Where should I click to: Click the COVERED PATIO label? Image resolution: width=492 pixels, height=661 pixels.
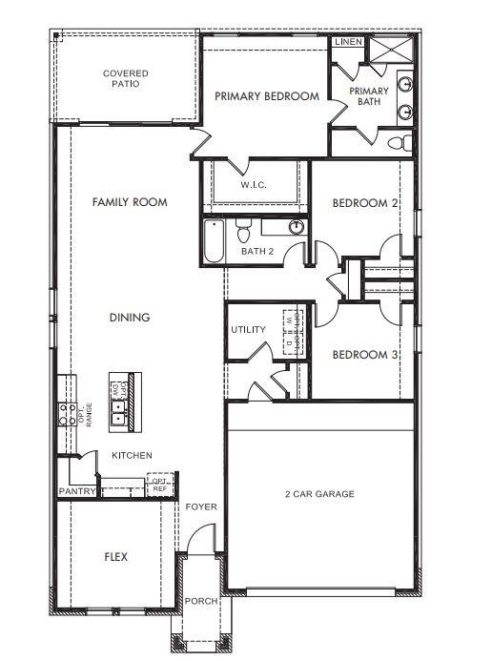click(125, 78)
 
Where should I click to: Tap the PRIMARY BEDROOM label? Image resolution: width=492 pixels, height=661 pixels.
click(266, 96)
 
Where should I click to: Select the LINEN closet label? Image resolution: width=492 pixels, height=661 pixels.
click(346, 43)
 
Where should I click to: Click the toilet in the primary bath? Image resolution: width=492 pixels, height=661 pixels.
click(400, 143)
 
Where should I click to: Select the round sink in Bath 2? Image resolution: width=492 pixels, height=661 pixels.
click(297, 227)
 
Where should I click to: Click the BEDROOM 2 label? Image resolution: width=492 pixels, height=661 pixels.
click(364, 203)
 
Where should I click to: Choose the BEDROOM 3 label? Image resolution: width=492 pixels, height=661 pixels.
click(364, 355)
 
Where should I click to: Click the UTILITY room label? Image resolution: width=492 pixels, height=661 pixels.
click(248, 330)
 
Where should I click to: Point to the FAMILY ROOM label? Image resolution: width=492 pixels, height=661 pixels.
click(130, 202)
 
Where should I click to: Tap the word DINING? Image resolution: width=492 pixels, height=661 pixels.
click(130, 318)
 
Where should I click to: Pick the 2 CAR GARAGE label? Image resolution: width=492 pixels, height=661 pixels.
click(319, 494)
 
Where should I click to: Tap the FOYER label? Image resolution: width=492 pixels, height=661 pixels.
click(200, 506)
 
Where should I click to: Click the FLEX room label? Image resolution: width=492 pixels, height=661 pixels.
click(116, 556)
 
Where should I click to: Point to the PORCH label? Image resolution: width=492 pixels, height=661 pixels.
click(201, 601)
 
